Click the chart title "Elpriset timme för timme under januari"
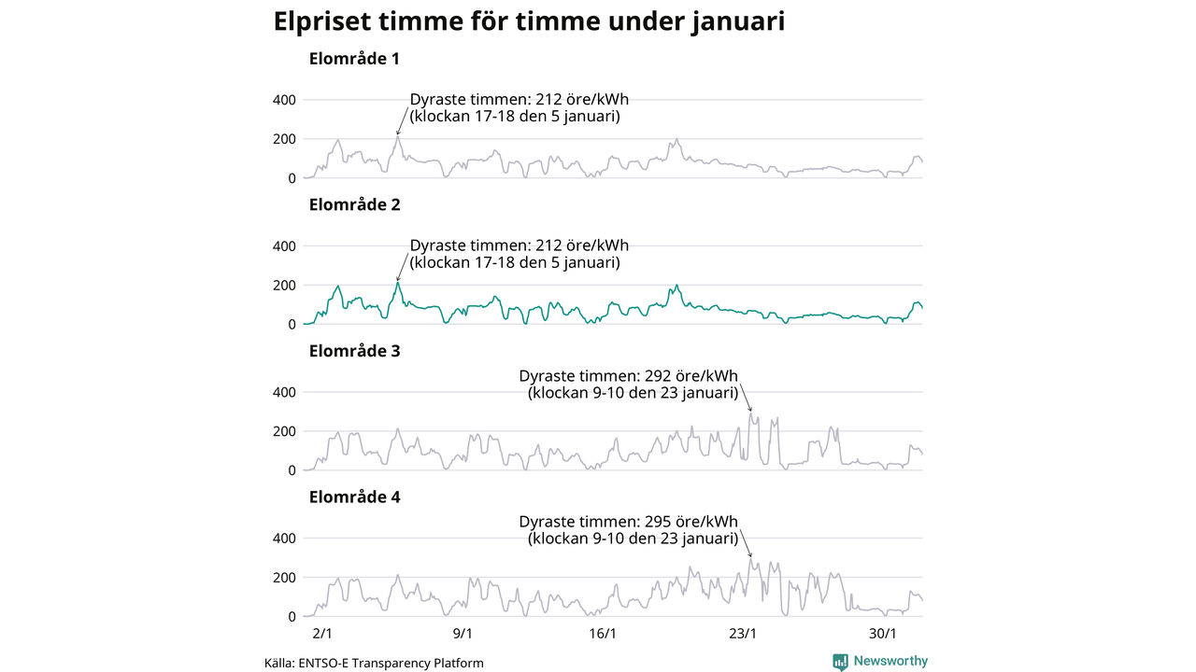point(528,22)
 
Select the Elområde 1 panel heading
point(354,59)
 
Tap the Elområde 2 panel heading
point(354,205)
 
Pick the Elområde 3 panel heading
point(354,351)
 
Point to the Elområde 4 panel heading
point(354,497)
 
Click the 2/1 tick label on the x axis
point(322,634)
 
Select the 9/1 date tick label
point(463,634)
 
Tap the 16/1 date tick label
point(603,634)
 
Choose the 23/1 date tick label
point(743,634)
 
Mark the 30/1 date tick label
point(883,634)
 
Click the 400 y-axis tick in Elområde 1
point(284,100)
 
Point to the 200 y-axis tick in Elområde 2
point(284,286)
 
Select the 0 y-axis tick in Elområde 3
point(292,471)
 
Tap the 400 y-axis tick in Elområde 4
point(284,539)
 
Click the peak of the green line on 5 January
point(397,283)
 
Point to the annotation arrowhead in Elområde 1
point(397,134)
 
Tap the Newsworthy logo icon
point(841,662)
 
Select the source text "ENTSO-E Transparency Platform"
point(391,664)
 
